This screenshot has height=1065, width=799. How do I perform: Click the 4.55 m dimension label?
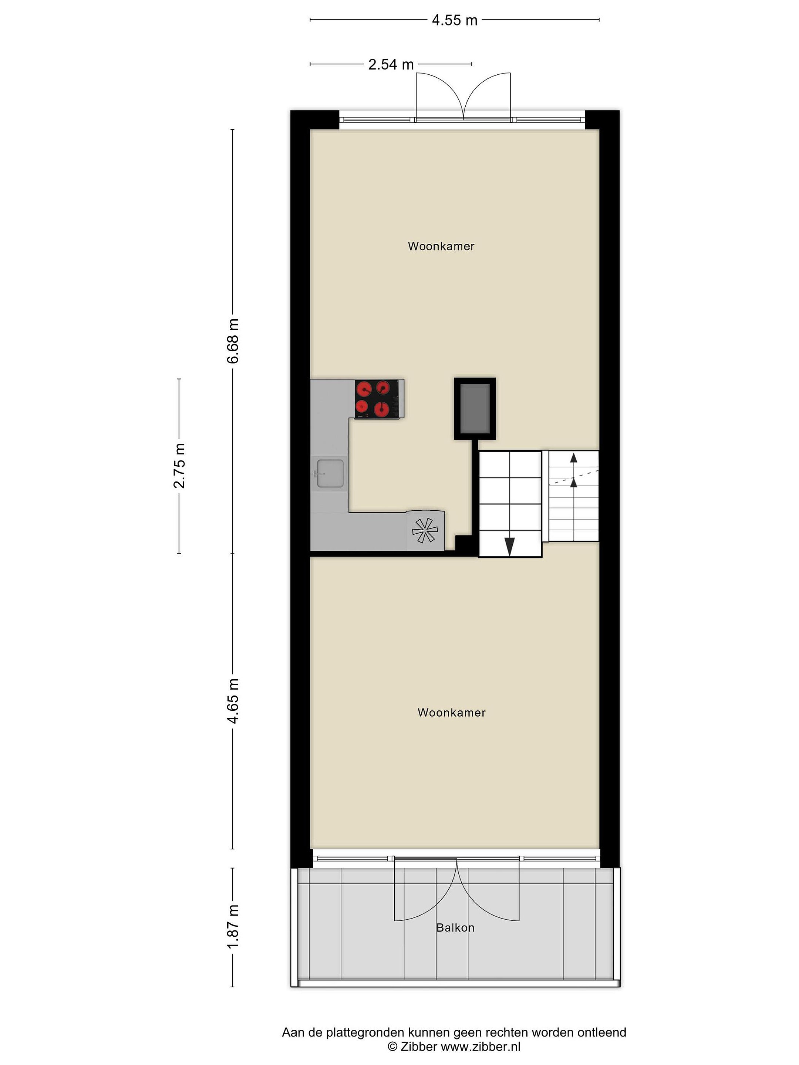[x=454, y=20]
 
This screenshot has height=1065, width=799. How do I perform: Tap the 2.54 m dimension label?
[x=391, y=64]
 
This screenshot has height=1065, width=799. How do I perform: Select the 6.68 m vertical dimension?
[x=233, y=341]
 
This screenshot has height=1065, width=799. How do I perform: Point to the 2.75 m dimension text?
[x=179, y=465]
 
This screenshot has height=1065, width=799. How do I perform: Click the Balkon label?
[x=455, y=928]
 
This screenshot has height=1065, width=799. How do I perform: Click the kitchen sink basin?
[x=330, y=473]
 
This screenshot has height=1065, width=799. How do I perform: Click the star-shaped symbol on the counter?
[x=425, y=530]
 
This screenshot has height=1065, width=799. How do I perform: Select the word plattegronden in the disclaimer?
[x=366, y=1033]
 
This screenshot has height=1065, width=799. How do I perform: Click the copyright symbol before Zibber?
[x=392, y=1046]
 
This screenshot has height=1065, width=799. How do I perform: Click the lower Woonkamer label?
[x=451, y=713]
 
